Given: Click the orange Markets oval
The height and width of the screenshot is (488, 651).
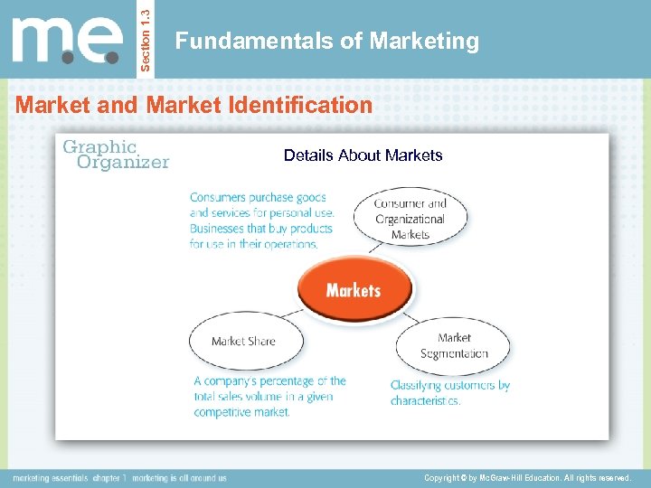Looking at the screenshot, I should pyautogui.click(x=354, y=290).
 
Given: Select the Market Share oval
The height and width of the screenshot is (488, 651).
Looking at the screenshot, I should pyautogui.click(x=243, y=341).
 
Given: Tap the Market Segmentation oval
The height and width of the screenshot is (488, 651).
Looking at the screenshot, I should pyautogui.click(x=453, y=345).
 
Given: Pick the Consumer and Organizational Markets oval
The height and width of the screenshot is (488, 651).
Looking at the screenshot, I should pyautogui.click(x=410, y=218).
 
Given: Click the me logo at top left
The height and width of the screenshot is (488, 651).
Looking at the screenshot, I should pyautogui.click(x=68, y=41).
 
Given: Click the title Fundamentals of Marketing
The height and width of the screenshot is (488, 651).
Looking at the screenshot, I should pyautogui.click(x=326, y=42).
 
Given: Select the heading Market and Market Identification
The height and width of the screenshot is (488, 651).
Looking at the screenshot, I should pyautogui.click(x=193, y=105).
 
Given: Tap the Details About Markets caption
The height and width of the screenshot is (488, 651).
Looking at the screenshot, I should pyautogui.click(x=363, y=155).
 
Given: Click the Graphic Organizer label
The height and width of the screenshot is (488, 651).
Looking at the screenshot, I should pyautogui.click(x=115, y=155).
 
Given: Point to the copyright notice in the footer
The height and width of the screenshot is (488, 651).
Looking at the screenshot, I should pyautogui.click(x=527, y=477).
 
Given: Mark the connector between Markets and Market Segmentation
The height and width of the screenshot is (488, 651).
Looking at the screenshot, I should pyautogui.click(x=407, y=316).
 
